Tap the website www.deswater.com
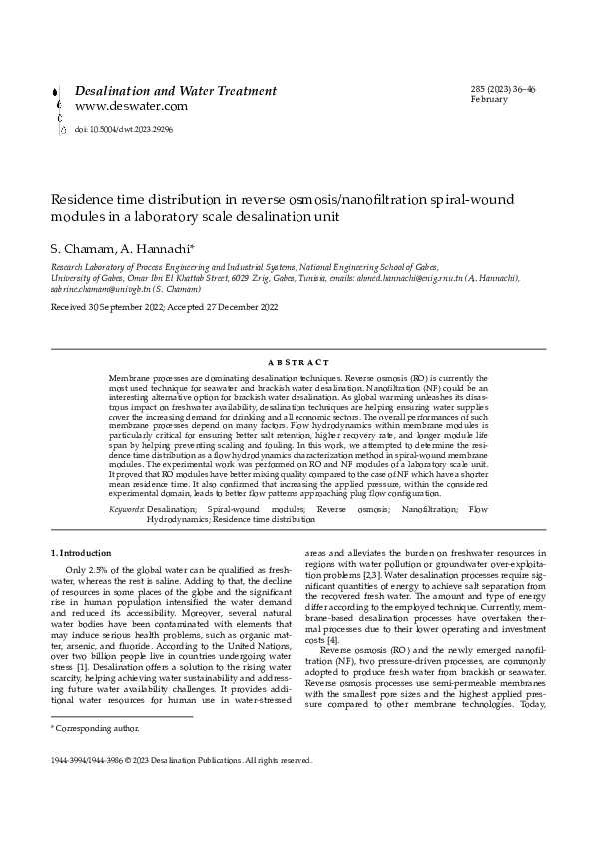pyautogui.click(x=131, y=106)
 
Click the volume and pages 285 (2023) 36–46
pyautogui.click(x=503, y=90)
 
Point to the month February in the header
pyautogui.click(x=489, y=100)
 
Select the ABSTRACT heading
pyautogui.click(x=297, y=362)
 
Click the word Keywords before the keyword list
pyautogui.click(x=126, y=509)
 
